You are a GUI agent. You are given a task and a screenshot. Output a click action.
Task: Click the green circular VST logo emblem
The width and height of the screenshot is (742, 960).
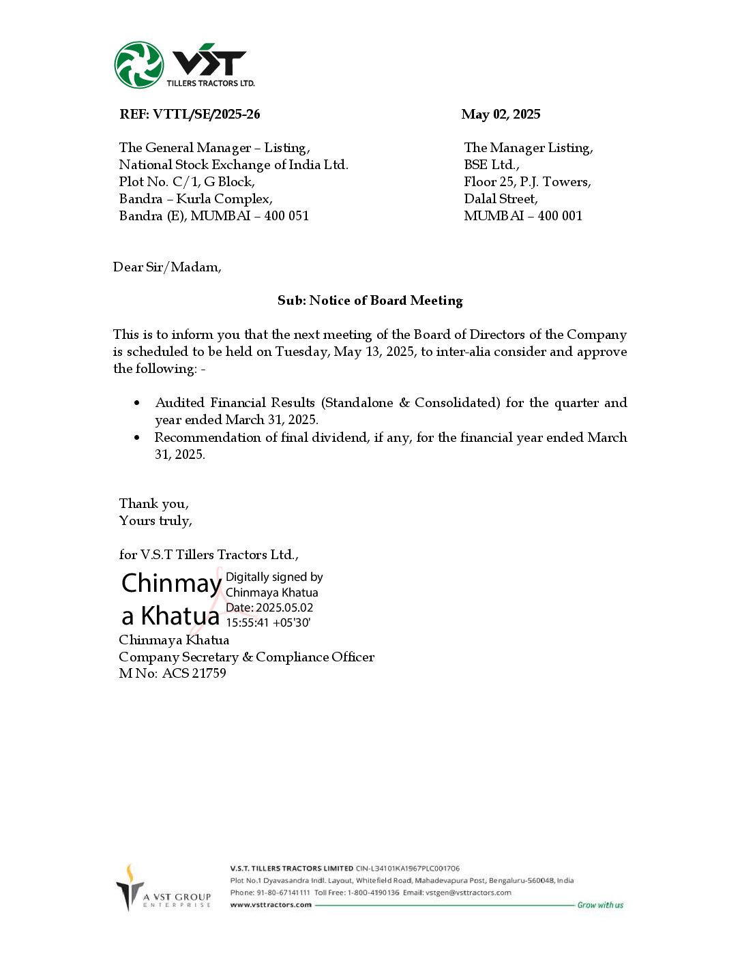click(138, 65)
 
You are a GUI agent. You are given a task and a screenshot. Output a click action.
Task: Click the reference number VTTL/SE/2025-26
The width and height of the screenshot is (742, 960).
click(207, 115)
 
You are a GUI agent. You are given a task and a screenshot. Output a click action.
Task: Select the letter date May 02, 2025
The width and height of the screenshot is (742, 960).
click(501, 115)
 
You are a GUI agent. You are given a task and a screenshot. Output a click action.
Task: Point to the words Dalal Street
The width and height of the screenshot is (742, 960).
click(501, 199)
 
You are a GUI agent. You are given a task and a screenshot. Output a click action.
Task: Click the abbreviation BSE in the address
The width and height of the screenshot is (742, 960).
click(476, 165)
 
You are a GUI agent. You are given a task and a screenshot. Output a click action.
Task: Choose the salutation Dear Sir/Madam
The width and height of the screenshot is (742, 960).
click(167, 267)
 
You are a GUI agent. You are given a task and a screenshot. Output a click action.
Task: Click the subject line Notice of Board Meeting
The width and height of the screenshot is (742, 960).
click(386, 301)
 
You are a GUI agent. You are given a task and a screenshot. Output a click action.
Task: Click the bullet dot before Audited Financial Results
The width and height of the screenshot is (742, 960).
click(138, 403)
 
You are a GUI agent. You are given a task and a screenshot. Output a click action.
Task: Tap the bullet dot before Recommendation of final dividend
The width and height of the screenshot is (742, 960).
click(138, 438)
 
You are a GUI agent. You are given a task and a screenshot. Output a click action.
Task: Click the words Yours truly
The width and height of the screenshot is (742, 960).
click(155, 521)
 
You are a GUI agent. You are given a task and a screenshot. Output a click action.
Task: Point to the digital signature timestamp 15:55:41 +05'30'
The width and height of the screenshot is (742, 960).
click(268, 622)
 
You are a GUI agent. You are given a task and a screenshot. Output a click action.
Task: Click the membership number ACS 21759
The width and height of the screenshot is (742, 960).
click(194, 674)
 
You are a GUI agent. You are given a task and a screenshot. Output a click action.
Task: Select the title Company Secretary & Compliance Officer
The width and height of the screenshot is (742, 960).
click(246, 657)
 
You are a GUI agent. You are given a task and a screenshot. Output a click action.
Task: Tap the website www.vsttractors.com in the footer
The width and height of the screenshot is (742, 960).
click(271, 905)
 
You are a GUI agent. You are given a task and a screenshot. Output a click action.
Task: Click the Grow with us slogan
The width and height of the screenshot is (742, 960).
click(600, 905)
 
